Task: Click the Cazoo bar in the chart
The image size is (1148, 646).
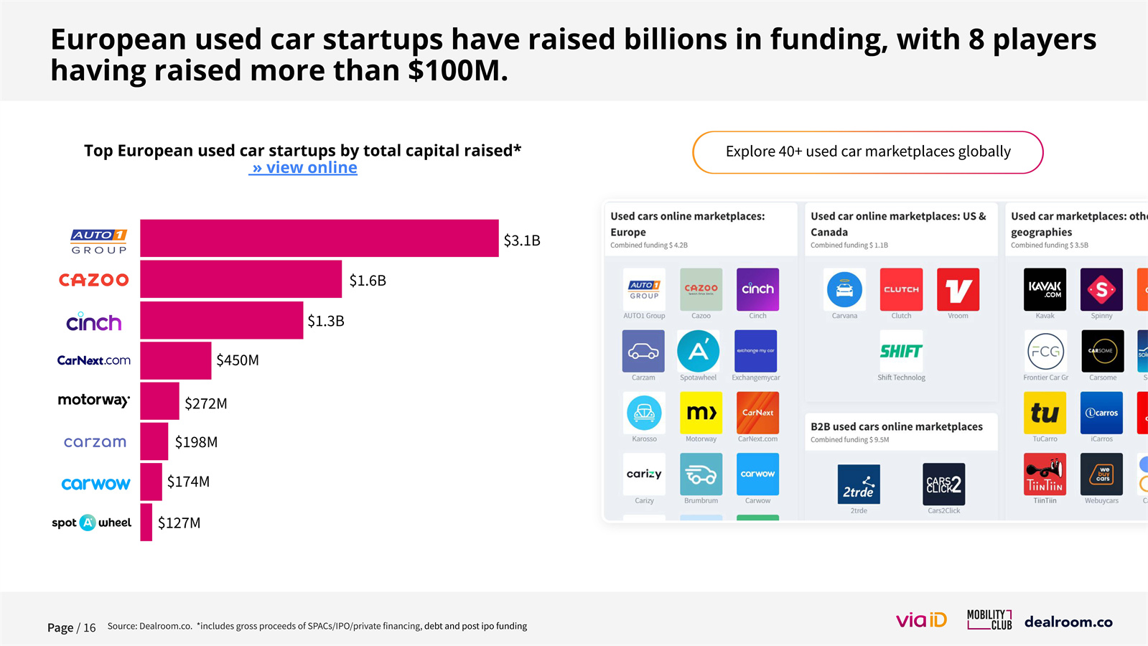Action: (x=241, y=279)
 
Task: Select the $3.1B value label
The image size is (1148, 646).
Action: (x=522, y=240)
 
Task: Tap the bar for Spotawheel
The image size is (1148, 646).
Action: (x=146, y=523)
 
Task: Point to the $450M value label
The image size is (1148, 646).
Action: (x=238, y=360)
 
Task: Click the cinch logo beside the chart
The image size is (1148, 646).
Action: (x=94, y=322)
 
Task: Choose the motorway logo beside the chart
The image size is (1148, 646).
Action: (x=94, y=401)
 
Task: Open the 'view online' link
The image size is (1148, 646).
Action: (x=304, y=168)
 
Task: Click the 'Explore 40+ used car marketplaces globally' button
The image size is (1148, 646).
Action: (x=867, y=152)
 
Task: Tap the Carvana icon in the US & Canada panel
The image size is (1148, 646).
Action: (x=844, y=289)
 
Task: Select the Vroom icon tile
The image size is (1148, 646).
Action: (x=958, y=289)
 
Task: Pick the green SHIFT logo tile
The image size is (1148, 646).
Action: (x=901, y=351)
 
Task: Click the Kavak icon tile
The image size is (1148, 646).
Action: (x=1045, y=289)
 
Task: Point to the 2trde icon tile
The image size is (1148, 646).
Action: (x=859, y=484)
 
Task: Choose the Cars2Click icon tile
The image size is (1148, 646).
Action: (x=943, y=484)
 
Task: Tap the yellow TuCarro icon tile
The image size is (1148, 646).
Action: (x=1045, y=413)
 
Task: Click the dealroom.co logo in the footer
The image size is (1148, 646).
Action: (x=1068, y=622)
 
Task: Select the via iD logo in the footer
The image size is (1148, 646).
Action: (x=921, y=620)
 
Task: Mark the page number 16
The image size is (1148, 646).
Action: (x=89, y=628)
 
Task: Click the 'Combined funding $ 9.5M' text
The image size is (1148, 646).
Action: (x=849, y=440)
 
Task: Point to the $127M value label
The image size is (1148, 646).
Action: (x=179, y=523)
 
